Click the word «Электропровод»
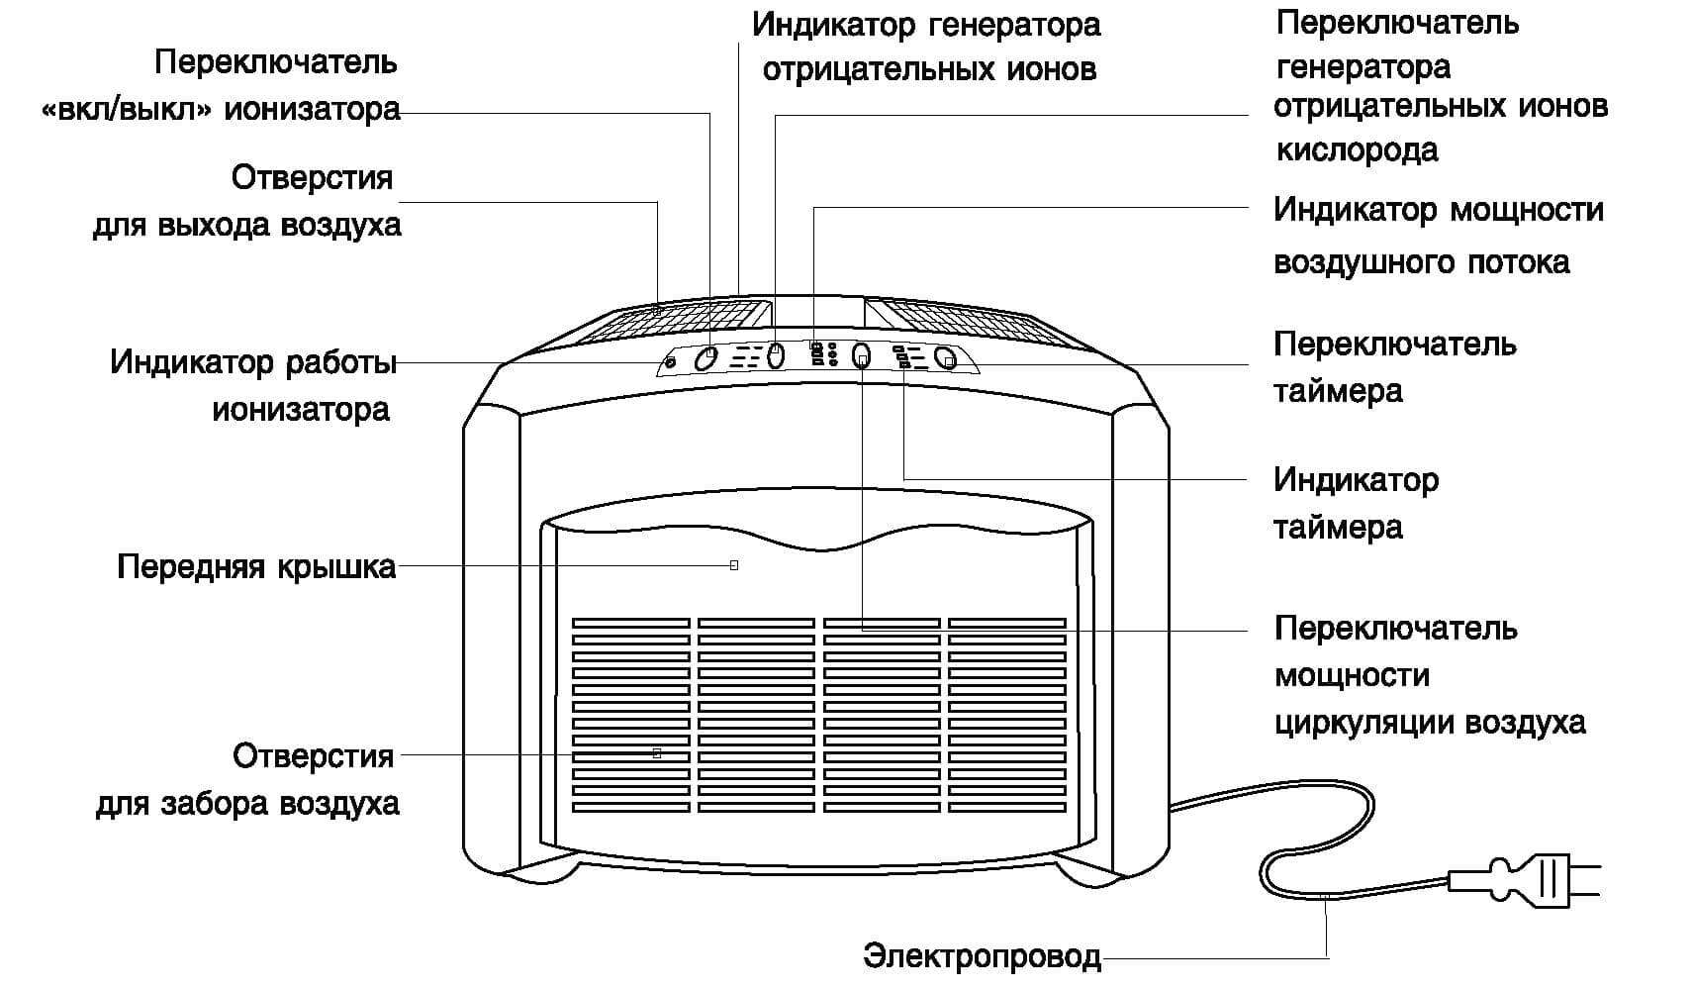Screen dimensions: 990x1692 point(982,956)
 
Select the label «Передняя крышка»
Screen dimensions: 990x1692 point(256,567)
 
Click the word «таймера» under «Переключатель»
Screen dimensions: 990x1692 point(1338,391)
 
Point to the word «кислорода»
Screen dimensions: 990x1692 point(1357,150)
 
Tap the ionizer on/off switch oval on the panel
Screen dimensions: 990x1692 point(705,357)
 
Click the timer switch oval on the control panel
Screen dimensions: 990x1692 point(946,359)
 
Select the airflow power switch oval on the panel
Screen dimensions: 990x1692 point(861,356)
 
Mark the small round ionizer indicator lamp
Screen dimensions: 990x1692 point(671,363)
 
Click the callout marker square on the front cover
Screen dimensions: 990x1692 point(733,565)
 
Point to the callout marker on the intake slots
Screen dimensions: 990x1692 point(657,753)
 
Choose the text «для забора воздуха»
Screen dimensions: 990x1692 point(247,803)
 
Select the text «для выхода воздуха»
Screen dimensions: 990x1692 point(247,226)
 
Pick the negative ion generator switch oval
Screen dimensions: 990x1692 point(776,355)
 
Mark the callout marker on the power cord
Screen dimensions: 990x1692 point(1327,896)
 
